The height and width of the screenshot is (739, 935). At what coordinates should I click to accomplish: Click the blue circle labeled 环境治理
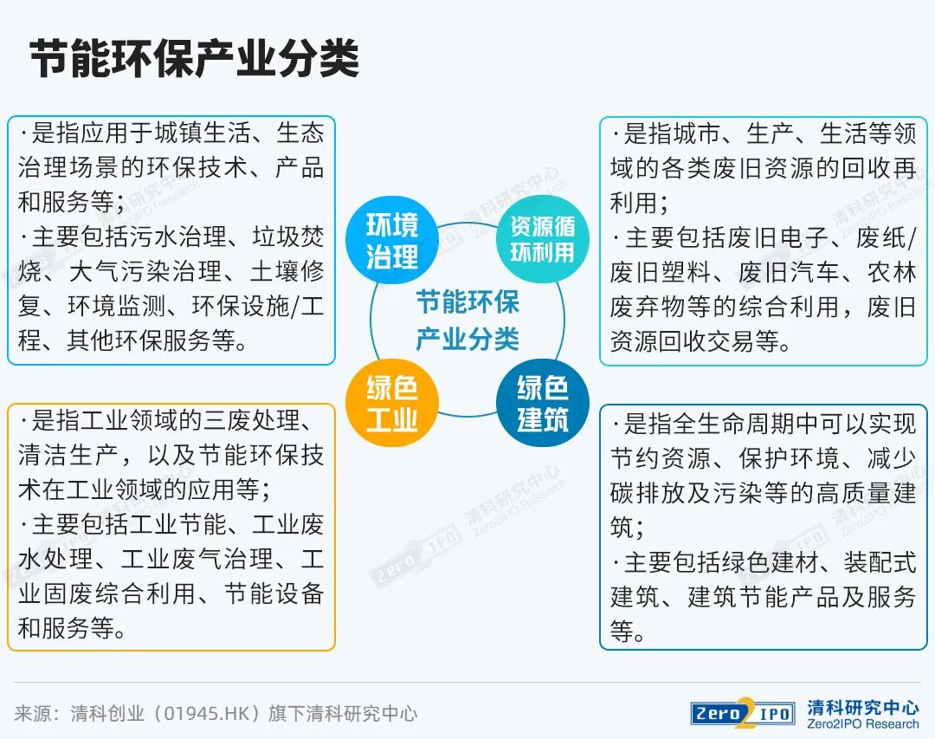(391, 241)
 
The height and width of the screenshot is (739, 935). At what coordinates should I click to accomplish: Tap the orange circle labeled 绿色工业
(391, 403)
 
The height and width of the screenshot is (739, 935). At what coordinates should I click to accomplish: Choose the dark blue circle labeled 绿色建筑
(542, 403)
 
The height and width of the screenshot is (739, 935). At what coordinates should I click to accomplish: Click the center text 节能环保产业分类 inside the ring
(467, 321)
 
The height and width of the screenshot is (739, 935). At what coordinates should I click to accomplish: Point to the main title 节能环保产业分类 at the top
(195, 60)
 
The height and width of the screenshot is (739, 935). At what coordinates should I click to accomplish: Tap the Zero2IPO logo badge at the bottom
(743, 713)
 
